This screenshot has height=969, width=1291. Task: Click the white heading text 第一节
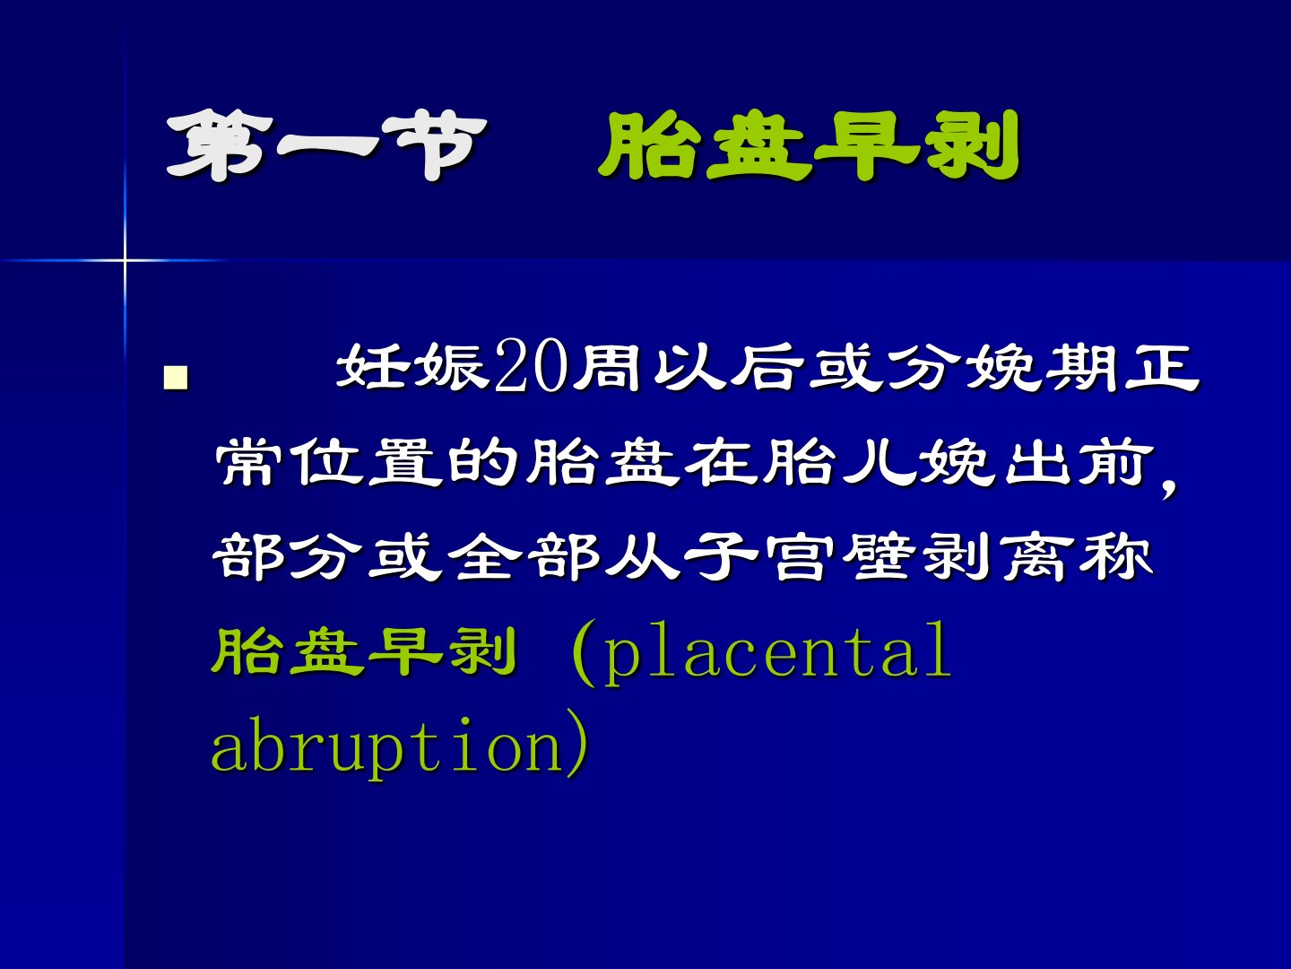click(x=326, y=145)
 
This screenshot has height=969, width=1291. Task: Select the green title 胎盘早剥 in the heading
click(x=809, y=145)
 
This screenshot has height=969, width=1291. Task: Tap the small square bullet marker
click(x=176, y=378)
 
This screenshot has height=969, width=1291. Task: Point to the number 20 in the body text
click(x=532, y=365)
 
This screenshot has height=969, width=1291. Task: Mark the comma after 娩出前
click(x=1168, y=488)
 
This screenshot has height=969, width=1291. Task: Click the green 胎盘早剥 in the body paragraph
click(x=365, y=652)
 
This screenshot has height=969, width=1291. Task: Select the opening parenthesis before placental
click(x=584, y=652)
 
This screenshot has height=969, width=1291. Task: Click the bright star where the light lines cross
click(x=124, y=259)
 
